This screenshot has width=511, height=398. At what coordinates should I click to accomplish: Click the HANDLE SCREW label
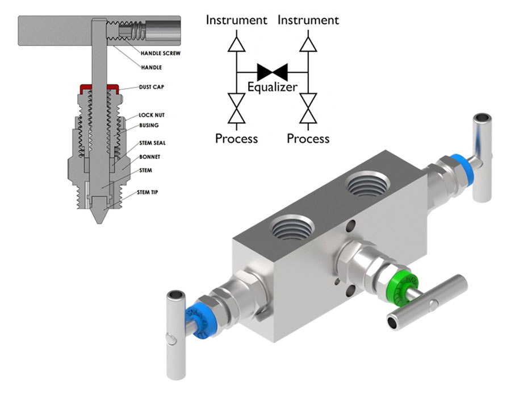tap(161, 53)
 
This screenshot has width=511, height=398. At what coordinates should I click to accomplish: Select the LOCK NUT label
tap(151, 115)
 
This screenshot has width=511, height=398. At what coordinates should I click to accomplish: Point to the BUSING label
tap(149, 125)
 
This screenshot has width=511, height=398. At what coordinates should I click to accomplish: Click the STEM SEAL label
tap(153, 143)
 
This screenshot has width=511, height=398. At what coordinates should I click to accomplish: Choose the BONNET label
tap(150, 156)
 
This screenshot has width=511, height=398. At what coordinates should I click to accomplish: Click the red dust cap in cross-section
tap(99, 87)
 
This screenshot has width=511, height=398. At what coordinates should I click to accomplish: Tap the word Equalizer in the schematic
tap(272, 88)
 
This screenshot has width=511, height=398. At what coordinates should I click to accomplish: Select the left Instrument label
tap(236, 20)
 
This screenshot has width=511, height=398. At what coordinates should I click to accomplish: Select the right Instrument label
tap(308, 20)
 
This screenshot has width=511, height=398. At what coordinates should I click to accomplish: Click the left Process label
tap(236, 138)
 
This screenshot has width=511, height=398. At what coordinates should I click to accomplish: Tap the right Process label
tap(308, 138)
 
